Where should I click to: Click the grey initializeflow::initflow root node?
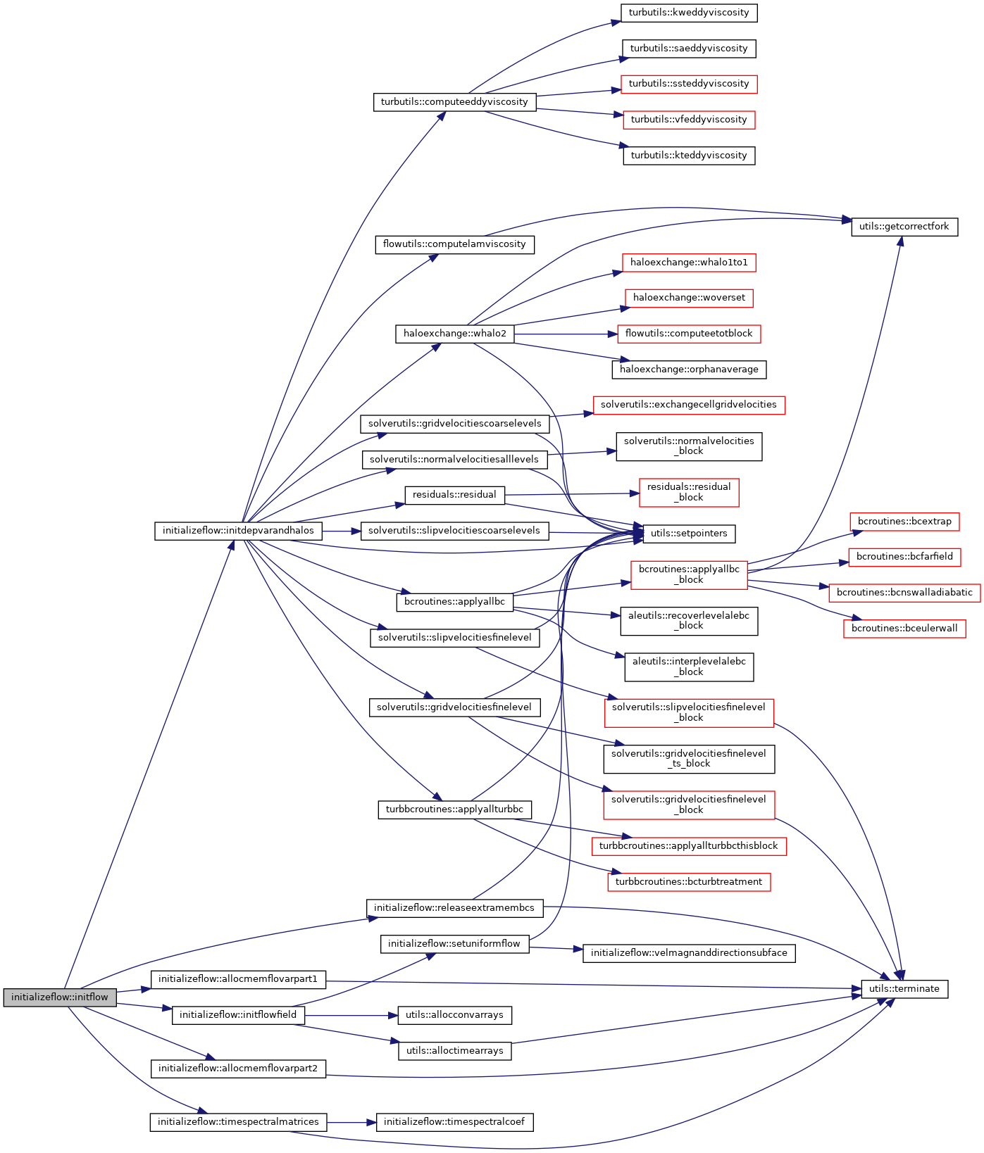(x=60, y=997)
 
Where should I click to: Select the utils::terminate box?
(x=904, y=988)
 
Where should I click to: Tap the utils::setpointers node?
(x=689, y=533)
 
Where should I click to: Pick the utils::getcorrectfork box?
(x=904, y=226)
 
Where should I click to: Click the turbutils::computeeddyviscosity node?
(x=454, y=101)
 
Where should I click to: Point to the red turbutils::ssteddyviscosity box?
(x=689, y=83)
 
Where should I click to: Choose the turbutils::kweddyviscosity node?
(x=689, y=12)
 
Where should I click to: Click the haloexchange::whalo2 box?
(x=454, y=333)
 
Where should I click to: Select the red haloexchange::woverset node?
(x=689, y=297)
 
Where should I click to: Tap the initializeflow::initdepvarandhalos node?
(x=238, y=530)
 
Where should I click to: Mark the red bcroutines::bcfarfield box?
(x=904, y=556)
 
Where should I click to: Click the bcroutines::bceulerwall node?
(x=904, y=628)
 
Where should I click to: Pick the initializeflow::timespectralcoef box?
(x=454, y=1121)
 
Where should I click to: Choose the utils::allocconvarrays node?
(x=454, y=1014)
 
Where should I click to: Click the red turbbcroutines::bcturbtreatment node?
(x=689, y=881)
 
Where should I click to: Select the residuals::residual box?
(x=454, y=494)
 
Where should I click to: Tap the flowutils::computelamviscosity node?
(x=454, y=244)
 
